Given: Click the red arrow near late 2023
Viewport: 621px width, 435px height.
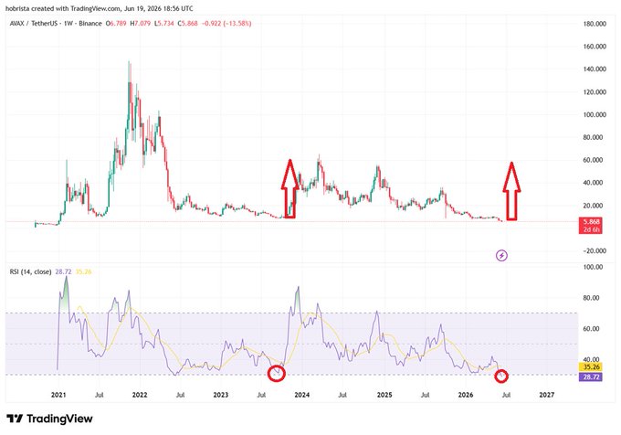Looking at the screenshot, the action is coord(289,188).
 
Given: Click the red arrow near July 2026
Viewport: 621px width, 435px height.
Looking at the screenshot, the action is coord(511,191).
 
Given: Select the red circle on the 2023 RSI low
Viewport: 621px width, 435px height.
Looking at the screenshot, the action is coord(276,373).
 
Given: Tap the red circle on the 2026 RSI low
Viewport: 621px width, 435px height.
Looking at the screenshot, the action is coord(501,377).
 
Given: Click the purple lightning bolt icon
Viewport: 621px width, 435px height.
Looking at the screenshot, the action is coord(501,256).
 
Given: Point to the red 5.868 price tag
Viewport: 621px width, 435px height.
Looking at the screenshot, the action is coord(591,226).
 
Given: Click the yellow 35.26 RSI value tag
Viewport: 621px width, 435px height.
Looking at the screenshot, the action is coord(591,366).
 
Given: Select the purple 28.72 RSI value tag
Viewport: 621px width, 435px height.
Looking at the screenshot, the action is coord(591,377).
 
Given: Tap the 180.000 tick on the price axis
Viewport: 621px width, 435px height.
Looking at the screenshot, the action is coord(595,24).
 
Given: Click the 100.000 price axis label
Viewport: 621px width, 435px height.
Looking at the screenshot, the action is coord(595,115).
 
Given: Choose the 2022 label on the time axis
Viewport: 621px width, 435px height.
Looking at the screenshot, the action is coord(140,395).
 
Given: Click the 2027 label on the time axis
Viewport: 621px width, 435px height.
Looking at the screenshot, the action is coord(547,395).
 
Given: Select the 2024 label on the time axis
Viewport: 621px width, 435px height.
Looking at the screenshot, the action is coord(301,395).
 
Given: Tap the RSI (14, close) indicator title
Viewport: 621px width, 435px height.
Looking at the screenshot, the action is coord(30,271).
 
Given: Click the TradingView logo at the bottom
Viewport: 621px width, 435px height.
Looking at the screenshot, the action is coord(50,419).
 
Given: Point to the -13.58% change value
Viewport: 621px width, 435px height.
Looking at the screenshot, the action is coord(237,24).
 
